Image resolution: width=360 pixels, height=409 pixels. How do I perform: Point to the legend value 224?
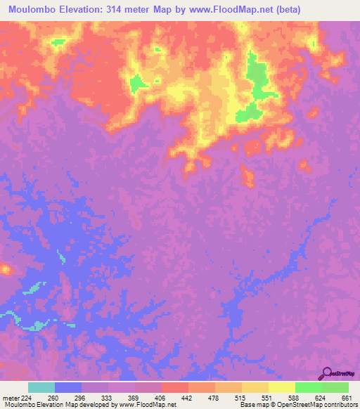(x=27, y=397)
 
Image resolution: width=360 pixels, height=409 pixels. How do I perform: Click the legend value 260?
(x=53, y=397)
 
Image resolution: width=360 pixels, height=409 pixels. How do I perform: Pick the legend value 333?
(x=107, y=397)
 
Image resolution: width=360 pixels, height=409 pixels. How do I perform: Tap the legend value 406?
(x=160, y=397)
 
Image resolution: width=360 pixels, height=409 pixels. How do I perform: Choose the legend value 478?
(x=214, y=397)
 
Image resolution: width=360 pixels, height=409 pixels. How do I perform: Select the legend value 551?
(x=266, y=397)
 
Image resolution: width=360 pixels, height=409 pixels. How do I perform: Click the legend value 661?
(x=346, y=397)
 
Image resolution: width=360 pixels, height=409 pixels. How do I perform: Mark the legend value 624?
(x=320, y=397)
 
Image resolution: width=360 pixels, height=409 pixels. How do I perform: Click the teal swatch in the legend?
(x=41, y=387)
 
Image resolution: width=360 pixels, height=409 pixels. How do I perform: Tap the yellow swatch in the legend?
(x=281, y=387)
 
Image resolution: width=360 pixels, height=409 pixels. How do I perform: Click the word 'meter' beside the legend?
(x=9, y=397)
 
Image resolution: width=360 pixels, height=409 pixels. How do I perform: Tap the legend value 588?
(x=293, y=397)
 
